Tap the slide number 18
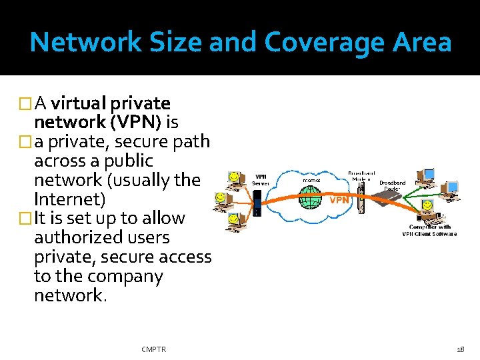461,349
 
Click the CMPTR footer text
154,349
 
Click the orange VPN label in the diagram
339,199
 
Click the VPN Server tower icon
257,203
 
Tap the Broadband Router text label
392,185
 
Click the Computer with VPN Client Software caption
429,230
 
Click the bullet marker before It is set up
27,219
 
